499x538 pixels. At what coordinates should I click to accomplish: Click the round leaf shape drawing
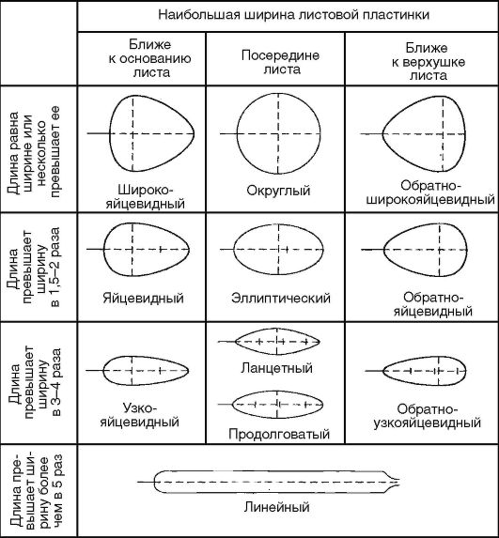[237, 133]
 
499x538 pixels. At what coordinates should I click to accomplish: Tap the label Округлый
[278, 191]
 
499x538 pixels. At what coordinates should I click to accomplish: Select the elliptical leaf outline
[234, 250]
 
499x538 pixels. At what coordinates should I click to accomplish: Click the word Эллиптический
[281, 298]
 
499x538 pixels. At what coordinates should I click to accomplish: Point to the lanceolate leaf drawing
[236, 342]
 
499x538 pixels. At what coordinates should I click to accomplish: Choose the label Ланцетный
[277, 368]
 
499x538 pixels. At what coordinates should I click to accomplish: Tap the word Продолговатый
[279, 434]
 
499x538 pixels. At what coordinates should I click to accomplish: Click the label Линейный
[277, 507]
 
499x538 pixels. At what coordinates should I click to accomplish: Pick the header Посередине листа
[280, 62]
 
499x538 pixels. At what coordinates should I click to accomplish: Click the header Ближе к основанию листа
[149, 58]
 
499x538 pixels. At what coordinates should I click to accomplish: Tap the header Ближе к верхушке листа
[428, 61]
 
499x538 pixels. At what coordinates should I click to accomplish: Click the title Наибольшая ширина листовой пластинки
[293, 15]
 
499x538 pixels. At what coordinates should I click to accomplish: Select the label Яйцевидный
[143, 298]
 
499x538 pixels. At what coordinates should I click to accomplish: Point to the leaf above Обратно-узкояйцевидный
[383, 371]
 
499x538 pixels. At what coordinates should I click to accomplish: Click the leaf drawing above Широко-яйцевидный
[110, 133]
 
